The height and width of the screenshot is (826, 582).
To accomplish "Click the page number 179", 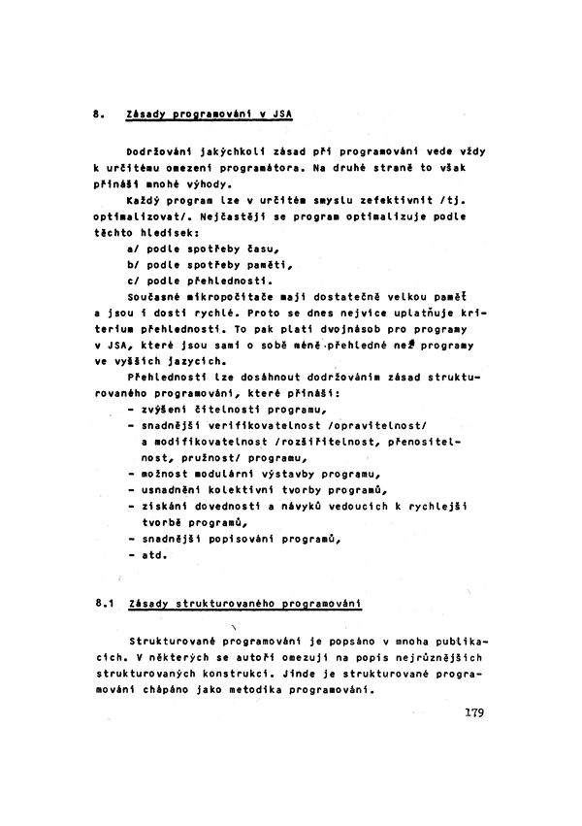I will coord(473,711).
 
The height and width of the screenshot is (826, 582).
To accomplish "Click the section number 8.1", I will coord(107,604).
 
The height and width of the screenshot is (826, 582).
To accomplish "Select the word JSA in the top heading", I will coord(281,114).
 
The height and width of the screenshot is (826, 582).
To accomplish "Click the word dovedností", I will coord(225,507).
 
